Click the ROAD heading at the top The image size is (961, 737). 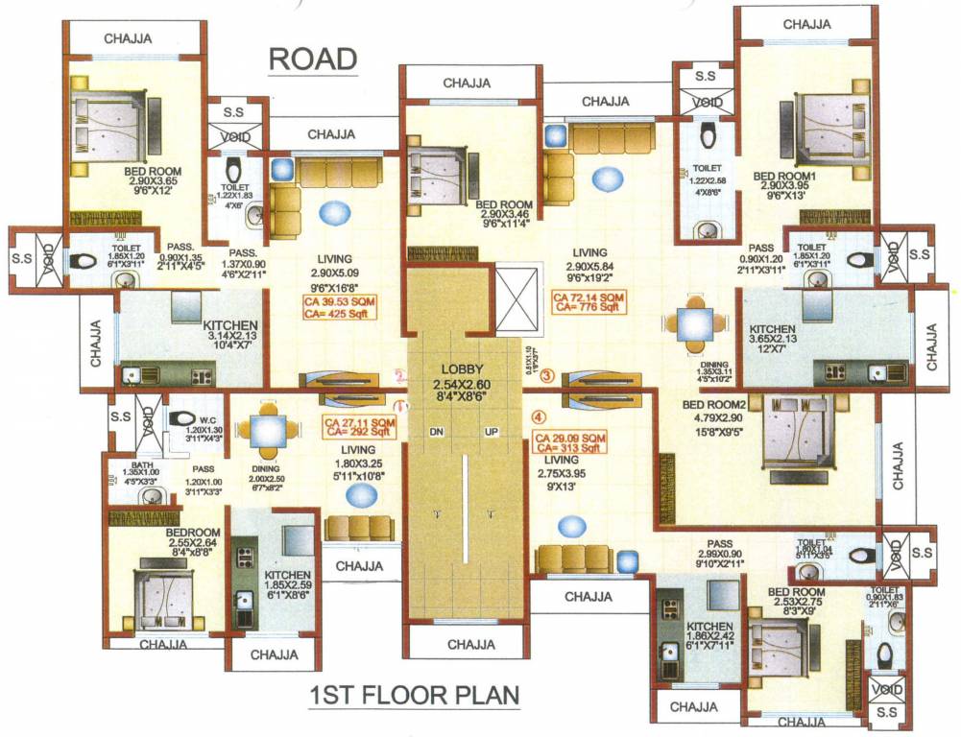[x=312, y=59]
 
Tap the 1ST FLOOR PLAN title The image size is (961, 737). [x=414, y=695]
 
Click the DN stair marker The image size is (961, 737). [x=438, y=431]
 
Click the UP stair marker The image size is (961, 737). [x=492, y=431]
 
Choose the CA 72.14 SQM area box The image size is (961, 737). [x=589, y=304]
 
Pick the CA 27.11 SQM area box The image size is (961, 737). [x=359, y=427]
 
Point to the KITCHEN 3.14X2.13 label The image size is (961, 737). [x=230, y=326]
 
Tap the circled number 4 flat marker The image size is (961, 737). [x=539, y=416]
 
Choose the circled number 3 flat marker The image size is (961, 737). [x=547, y=376]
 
